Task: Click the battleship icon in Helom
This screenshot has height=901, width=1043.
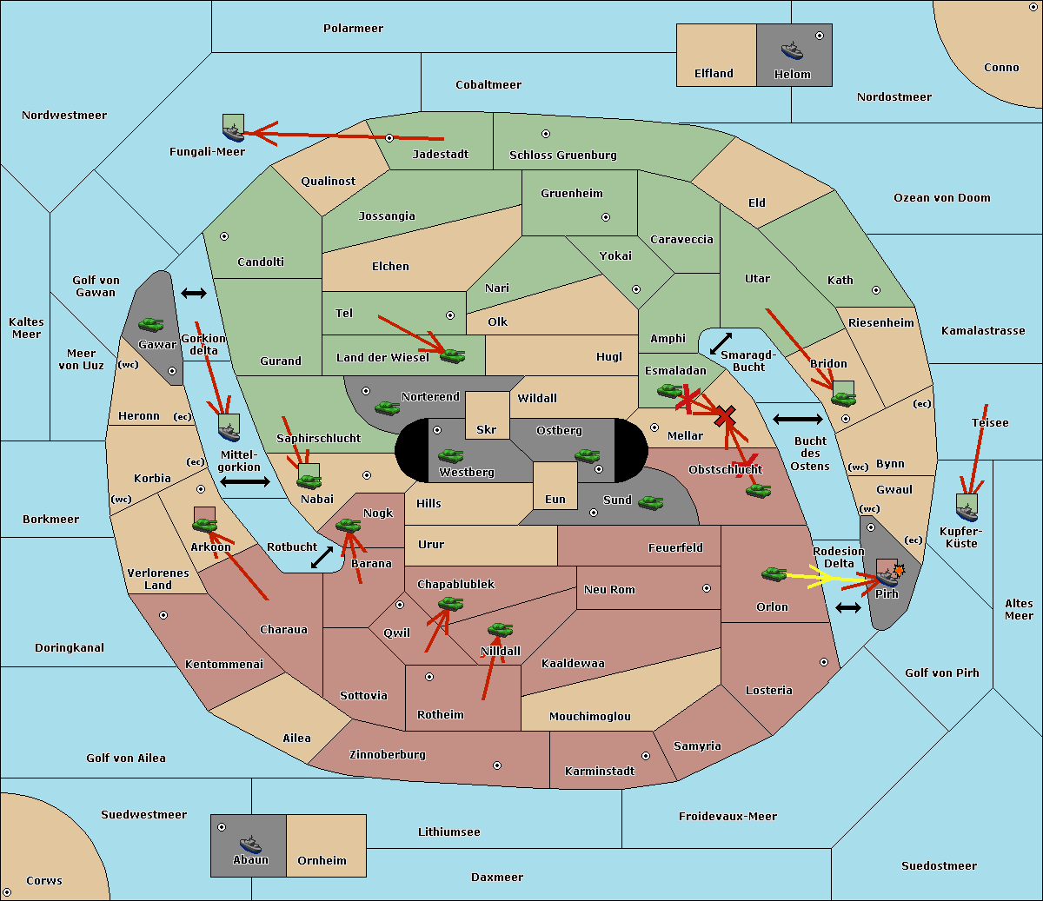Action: (792, 50)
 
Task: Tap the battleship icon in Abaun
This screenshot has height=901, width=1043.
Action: (250, 845)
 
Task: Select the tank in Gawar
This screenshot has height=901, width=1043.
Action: (151, 324)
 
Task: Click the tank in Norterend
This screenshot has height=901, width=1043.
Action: (387, 407)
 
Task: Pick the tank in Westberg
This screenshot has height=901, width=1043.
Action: (450, 455)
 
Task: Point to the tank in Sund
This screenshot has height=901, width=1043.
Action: (650, 502)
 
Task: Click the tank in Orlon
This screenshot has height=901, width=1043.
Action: (774, 574)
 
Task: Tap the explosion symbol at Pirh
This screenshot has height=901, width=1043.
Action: (899, 571)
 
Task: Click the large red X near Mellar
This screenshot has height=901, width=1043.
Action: (725, 416)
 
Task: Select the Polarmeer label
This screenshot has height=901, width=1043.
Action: (353, 29)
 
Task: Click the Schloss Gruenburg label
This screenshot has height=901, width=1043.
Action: (563, 155)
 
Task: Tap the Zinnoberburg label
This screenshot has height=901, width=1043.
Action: (388, 755)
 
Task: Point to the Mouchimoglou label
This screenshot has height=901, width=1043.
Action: (590, 716)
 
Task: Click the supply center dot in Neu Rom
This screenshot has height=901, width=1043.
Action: (707, 588)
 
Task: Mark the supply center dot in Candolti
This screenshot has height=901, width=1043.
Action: (224, 236)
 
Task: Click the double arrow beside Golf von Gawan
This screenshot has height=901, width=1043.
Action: (194, 293)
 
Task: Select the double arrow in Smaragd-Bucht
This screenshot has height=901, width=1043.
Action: (721, 343)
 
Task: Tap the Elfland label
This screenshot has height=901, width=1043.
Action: (714, 74)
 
